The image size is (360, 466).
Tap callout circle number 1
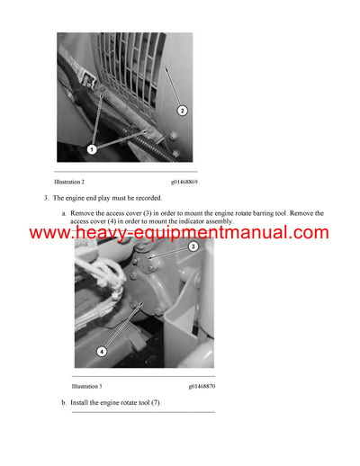pyautogui.click(x=91, y=147)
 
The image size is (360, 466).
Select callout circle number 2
pyautogui.click(x=182, y=111)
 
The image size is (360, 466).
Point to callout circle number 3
pyautogui.click(x=193, y=246)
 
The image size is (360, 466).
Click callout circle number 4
pyautogui.click(x=101, y=351)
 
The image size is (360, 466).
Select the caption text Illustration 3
pyautogui.click(x=87, y=386)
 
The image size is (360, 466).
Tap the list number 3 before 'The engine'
pyautogui.click(x=45, y=197)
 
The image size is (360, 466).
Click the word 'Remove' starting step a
pyautogui.click(x=81, y=213)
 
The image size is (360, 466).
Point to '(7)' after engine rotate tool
pyautogui.click(x=155, y=402)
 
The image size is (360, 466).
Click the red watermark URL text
pyautogui.click(x=179, y=233)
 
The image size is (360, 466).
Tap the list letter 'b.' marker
pyautogui.click(x=64, y=402)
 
